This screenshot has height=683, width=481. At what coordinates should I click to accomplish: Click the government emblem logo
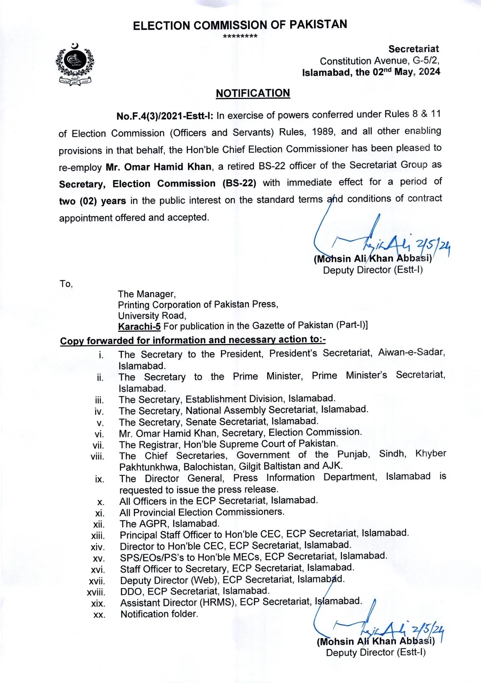point(75,64)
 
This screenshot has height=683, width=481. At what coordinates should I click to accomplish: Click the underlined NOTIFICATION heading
point(253,93)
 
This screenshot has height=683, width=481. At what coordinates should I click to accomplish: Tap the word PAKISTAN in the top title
point(318,24)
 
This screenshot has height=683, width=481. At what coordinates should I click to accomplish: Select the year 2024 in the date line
point(429,72)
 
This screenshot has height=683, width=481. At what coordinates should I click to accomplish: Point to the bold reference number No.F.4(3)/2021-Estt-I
point(165,116)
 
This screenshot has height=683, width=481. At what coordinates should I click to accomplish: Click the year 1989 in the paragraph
point(323,132)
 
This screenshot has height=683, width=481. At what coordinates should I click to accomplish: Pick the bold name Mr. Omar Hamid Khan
point(159,167)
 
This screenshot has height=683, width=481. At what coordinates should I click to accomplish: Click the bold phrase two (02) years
point(92,201)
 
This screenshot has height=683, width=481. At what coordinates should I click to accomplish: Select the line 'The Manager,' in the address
point(147,294)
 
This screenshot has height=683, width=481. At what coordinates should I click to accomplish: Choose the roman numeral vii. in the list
point(98,445)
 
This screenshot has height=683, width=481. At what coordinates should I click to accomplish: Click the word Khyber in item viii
point(430,453)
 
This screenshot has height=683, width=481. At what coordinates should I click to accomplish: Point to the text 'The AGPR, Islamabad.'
point(169,524)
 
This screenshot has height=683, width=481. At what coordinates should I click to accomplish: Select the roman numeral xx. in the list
point(99,615)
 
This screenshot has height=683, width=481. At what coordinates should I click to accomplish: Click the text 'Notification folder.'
point(159,614)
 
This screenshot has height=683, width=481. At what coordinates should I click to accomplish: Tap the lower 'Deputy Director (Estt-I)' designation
point(376,653)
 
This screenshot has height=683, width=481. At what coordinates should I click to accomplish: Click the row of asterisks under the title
point(240,36)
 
